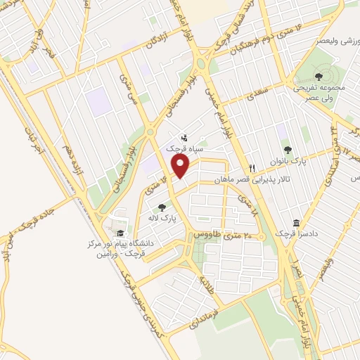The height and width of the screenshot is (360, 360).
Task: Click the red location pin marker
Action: coord(181,166)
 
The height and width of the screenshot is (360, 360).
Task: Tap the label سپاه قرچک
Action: coord(184,149)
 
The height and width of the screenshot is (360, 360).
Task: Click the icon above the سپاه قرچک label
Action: coord(184,138)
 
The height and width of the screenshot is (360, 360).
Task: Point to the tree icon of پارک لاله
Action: coord(162,207)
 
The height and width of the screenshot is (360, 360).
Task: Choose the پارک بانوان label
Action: coord(286,161)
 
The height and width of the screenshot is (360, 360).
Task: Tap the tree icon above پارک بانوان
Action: coord(287,149)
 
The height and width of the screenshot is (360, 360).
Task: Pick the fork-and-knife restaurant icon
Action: coord(251,168)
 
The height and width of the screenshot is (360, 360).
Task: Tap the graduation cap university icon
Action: coord(120,233)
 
